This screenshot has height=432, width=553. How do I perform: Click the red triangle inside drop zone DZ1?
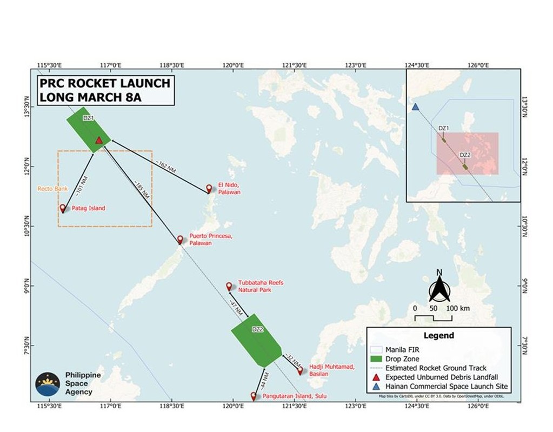coord(99,141)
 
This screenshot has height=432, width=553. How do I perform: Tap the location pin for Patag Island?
coord(63,208)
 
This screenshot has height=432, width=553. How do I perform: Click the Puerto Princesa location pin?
coord(181,240)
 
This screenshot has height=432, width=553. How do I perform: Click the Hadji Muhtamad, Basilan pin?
coord(300,371)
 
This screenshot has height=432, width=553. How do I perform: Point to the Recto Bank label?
coord(49,189)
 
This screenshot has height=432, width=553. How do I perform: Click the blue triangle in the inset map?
coord(415,107)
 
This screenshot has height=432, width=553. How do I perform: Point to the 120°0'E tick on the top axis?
coord(232,65)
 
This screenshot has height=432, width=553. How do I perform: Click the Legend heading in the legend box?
coord(438,335)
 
